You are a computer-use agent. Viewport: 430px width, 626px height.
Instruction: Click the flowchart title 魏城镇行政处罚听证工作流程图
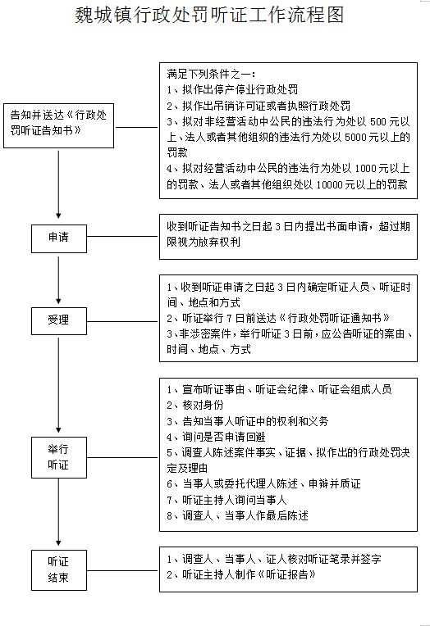coord(209,16)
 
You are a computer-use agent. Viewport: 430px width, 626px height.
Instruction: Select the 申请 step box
coord(59,238)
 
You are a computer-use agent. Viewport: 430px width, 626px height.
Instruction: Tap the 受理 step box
coord(59,321)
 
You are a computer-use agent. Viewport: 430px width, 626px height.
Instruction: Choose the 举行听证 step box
coord(59,457)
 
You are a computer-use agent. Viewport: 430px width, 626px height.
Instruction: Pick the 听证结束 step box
coord(59,570)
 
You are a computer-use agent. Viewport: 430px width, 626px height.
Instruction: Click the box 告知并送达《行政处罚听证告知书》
coord(58,125)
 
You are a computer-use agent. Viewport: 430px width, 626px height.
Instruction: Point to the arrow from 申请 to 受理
coord(58,280)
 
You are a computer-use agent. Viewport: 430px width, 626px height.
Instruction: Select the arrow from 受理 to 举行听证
coord(58,385)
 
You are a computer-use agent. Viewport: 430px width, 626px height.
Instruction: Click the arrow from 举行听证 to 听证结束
coord(58,512)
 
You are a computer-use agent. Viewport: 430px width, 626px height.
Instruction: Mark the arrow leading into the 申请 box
coord(58,184)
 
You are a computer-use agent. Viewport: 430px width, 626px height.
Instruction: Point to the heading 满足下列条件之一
coord(211,74)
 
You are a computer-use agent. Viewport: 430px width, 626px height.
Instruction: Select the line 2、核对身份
coord(194,406)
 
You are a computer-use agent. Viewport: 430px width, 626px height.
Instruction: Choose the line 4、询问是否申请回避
coord(216,437)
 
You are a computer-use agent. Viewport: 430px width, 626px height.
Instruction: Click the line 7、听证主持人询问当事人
coord(226,500)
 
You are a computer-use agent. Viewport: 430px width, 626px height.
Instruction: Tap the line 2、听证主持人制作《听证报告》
coord(241,575)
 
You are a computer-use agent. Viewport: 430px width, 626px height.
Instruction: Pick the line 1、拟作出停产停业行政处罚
coord(232,90)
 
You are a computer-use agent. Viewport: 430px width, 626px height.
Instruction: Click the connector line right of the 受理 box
coord(123,321)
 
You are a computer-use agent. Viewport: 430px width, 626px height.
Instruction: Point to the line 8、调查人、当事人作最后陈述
coord(237,516)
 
